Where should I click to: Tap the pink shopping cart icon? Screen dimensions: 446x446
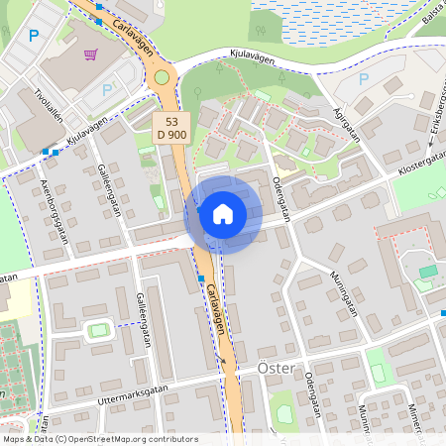91,55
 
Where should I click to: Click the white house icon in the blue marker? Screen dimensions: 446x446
223,214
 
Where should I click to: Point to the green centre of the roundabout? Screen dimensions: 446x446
162,77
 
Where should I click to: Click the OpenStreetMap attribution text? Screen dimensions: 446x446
99,439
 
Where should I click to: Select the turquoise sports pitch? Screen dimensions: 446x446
428,271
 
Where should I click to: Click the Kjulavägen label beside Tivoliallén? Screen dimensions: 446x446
87,134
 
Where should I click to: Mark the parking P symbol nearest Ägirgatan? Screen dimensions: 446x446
363,78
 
